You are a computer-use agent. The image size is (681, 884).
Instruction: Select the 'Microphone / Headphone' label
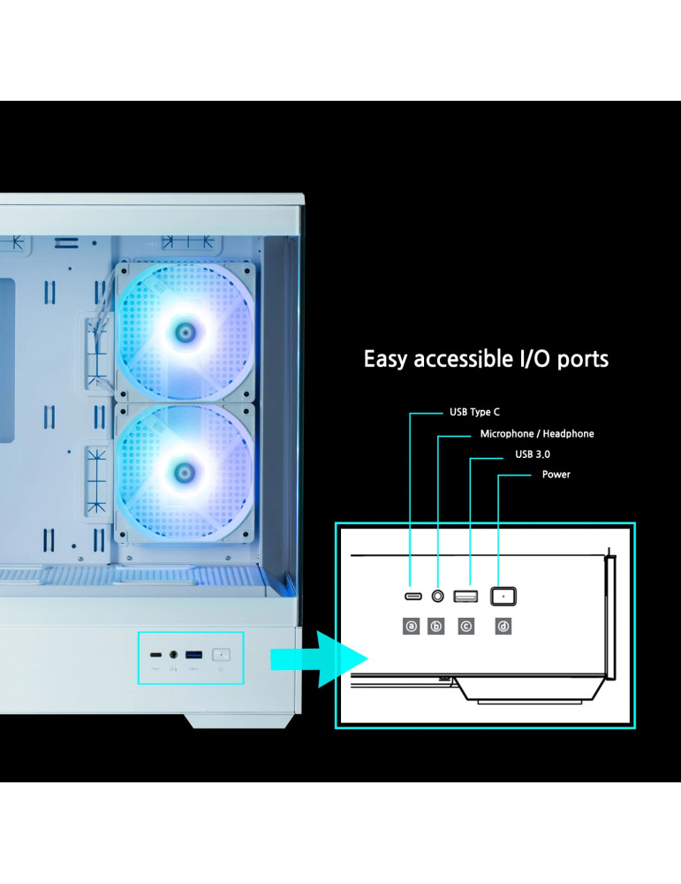[x=536, y=434]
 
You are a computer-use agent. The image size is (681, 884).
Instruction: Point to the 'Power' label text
[x=556, y=475]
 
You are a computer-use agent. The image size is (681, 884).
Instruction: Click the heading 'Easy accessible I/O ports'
[x=486, y=360]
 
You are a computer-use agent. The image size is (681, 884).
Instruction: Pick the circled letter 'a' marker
[x=411, y=627]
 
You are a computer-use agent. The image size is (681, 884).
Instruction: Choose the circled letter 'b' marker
[x=436, y=627]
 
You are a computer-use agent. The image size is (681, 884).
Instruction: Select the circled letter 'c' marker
[x=465, y=627]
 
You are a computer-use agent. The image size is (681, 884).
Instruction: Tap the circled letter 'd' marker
[x=503, y=627]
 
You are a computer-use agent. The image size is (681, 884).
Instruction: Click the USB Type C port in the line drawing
[x=412, y=597]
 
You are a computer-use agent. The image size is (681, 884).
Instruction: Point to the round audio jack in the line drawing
[x=437, y=596]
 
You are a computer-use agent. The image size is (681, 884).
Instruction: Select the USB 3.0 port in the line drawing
[x=465, y=597]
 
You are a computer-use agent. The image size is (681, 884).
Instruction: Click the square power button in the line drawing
[x=503, y=597]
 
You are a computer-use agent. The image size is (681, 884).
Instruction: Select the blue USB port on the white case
[x=194, y=655]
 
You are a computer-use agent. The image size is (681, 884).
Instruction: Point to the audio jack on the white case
[x=174, y=656]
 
